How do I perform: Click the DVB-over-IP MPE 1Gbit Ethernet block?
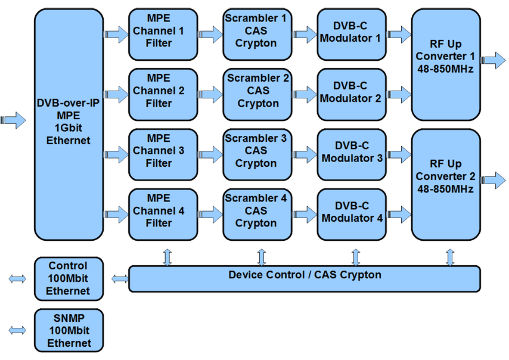[69, 124]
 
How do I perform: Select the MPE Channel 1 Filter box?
[163, 35]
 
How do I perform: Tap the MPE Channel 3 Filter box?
[163, 154]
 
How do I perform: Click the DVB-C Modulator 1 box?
[352, 35]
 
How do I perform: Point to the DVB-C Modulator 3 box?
[352, 154]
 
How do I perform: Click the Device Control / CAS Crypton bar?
[305, 278]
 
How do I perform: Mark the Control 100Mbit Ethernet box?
[69, 278]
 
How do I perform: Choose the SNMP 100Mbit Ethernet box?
[69, 330]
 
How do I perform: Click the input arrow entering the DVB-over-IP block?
[14, 120]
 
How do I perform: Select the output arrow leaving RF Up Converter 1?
[494, 60]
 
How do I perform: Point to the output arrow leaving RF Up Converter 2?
[494, 180]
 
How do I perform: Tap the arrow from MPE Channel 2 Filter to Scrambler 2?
[210, 94]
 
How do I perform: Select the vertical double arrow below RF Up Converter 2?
[450, 257]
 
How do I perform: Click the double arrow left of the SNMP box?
[18, 330]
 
